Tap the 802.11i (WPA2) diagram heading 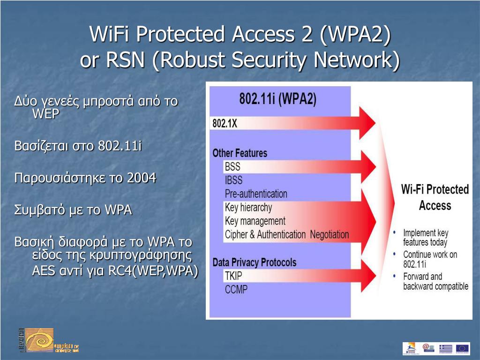pos(277,99)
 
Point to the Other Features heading pos(240,153)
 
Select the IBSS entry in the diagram pos(233,180)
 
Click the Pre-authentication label pos(256,194)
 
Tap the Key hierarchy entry pos(248,207)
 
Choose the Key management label pos(255,221)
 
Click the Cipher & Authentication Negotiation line pos(286,234)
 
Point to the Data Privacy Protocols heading pos(254,262)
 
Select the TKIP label pos(233,276)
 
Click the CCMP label pos(236,289)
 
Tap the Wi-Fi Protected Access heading pos(435,197)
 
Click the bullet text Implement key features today pos(425,238)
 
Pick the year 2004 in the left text pos(142,178)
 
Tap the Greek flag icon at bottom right pos(445,348)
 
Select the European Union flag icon pos(462,348)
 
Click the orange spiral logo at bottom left pos(39,340)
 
